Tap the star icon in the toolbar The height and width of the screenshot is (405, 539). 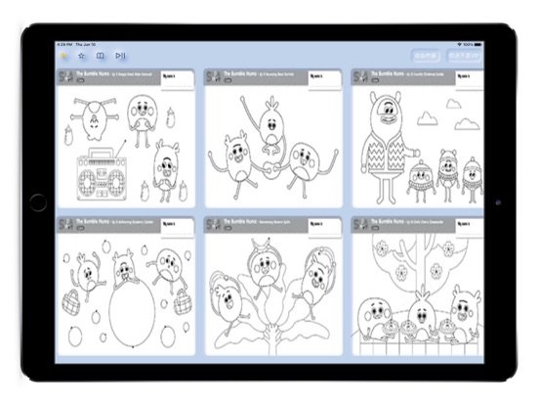(x=82, y=57)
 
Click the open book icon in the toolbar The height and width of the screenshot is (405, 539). (x=101, y=57)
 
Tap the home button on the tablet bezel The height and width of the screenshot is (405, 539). (x=37, y=202)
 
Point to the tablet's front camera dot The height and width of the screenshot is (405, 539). (x=499, y=202)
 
